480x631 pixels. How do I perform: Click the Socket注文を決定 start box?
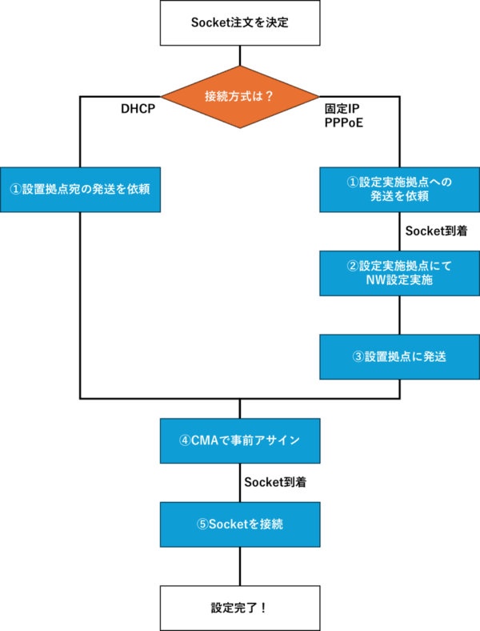(x=240, y=22)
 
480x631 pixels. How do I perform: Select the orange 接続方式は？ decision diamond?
(x=240, y=97)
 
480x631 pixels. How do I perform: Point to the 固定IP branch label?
(x=342, y=108)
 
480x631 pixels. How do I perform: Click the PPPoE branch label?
(x=344, y=123)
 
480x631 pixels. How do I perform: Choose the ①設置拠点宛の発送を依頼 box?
(x=80, y=189)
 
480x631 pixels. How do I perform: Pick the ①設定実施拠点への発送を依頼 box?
(x=399, y=189)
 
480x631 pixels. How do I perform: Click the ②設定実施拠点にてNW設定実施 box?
(x=399, y=273)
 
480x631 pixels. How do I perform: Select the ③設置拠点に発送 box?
(x=399, y=357)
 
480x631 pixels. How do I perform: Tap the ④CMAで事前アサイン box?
(x=240, y=440)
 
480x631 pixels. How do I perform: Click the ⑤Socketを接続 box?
(x=240, y=524)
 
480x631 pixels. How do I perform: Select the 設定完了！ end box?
(x=240, y=608)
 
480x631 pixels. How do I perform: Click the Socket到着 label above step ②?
(x=435, y=231)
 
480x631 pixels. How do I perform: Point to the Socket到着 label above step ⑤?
(x=275, y=482)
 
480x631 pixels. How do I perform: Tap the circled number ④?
(x=185, y=440)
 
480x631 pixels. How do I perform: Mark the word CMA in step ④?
(x=204, y=440)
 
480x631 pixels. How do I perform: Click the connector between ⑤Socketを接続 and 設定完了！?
(x=240, y=566)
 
